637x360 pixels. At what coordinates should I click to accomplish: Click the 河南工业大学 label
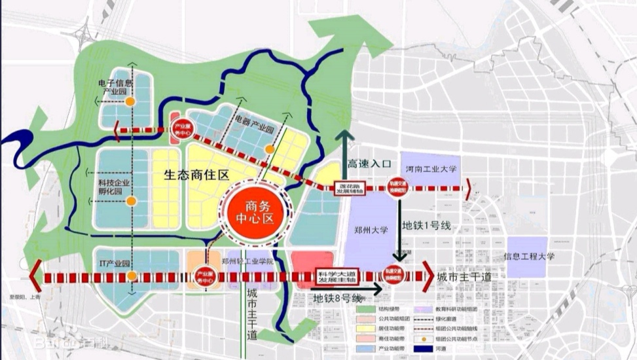coord(431,169)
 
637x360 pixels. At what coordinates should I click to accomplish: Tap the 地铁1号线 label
coord(428,225)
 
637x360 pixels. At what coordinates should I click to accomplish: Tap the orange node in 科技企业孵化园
coord(132,200)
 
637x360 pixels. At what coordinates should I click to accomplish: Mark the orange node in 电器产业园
coord(268,149)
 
